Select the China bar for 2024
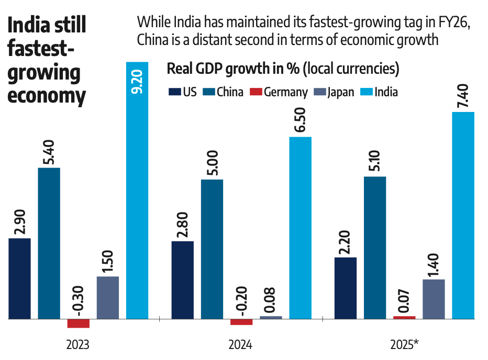pos(212,249)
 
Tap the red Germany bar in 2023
pos(79,323)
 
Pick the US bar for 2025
pos(346,288)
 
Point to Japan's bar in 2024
pos(271,317)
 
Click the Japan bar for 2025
pos(434,299)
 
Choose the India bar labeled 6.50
pos(301,228)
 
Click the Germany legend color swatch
pos(255,93)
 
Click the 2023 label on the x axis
pos(77,345)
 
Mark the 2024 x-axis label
pos(240,345)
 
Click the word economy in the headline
pos(47,96)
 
